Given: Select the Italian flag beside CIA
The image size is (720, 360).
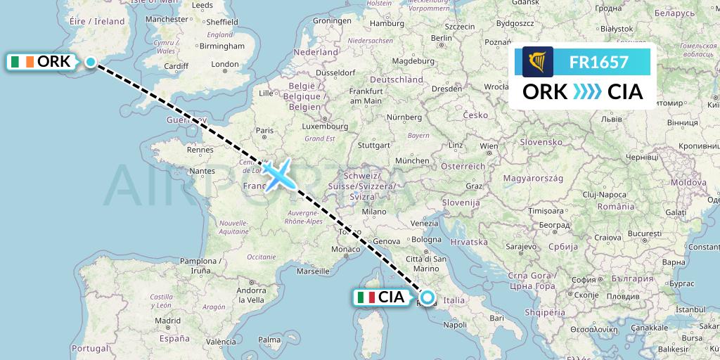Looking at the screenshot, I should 366,297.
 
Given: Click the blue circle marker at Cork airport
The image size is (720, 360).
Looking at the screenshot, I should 91,62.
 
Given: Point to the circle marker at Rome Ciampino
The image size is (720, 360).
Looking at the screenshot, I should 427,297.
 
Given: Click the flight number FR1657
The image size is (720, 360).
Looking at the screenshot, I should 598,63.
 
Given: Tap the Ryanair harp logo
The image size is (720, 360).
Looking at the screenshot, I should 538,62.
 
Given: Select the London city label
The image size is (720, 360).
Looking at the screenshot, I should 225,65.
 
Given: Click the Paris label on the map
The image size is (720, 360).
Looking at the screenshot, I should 264,130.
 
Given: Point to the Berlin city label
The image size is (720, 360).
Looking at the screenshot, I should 441,38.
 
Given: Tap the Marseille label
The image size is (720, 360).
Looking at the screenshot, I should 314,270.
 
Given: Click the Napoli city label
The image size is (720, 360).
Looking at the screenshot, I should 456,325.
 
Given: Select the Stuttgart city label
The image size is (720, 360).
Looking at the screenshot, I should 373,146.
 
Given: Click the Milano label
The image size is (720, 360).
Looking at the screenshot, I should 375,211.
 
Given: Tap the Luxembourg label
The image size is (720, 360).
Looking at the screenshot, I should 320,127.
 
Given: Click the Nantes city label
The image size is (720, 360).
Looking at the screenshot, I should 202,170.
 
